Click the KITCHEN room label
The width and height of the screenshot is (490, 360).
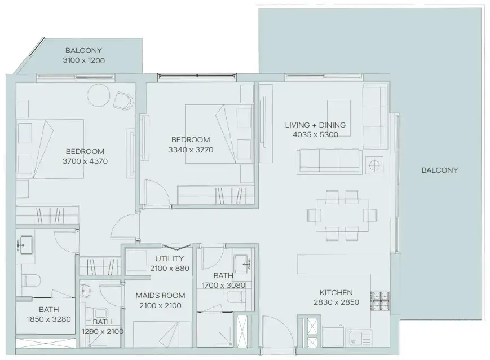point(336,292)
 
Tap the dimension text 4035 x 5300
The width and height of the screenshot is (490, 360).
point(316,135)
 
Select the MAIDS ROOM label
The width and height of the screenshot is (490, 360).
point(160,295)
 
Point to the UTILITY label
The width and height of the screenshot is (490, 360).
point(169,258)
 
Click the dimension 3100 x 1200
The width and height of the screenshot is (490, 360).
point(84,60)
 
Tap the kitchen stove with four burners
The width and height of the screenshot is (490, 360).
point(380,301)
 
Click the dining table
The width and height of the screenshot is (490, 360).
point(342,215)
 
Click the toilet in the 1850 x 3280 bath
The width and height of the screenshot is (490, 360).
point(31,280)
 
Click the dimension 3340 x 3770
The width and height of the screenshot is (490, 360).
point(191,150)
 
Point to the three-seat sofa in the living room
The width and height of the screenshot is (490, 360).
point(329,161)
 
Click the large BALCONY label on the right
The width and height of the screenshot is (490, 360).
point(440,170)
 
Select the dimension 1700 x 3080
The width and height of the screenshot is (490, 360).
point(223,286)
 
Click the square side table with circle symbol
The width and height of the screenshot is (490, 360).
point(374,165)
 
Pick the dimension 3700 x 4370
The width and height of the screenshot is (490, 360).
point(85,161)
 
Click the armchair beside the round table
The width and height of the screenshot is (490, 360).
point(123,100)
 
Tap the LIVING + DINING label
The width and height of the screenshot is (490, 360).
point(315,125)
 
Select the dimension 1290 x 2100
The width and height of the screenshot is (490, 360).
point(103,332)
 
